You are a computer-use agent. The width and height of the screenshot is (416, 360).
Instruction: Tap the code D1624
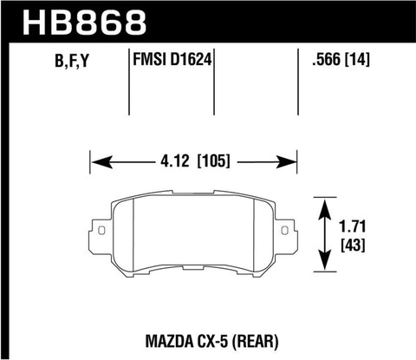pyautogui.click(x=193, y=62)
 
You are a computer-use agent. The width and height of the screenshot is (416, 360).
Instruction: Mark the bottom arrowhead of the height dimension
pyautogui.click(x=325, y=265)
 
